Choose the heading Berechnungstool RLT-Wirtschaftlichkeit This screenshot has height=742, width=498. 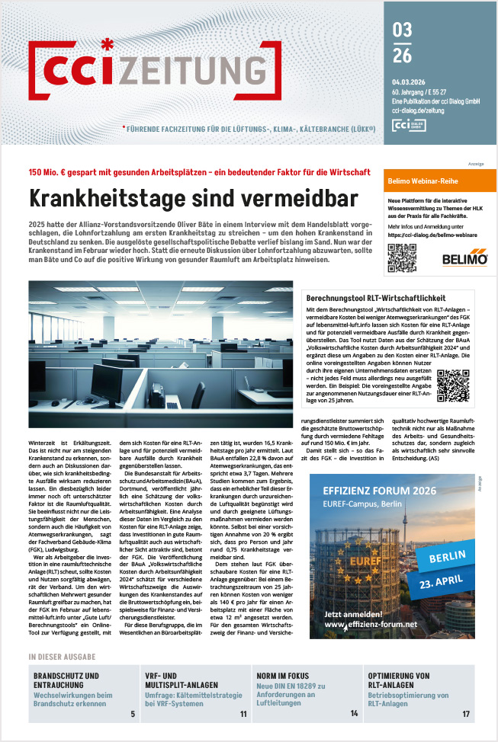click(372, 298)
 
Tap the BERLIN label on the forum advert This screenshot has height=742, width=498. click(444, 556)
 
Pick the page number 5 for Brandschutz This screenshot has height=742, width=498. click(132, 714)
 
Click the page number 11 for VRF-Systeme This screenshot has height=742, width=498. click(243, 714)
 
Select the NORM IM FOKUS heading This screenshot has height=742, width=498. click(288, 675)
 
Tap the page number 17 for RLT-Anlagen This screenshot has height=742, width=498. click(466, 714)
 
